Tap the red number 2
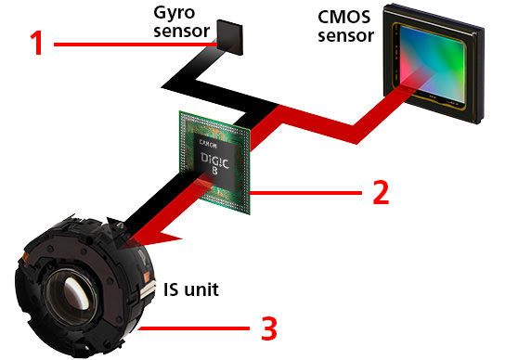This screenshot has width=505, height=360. [380, 191]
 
